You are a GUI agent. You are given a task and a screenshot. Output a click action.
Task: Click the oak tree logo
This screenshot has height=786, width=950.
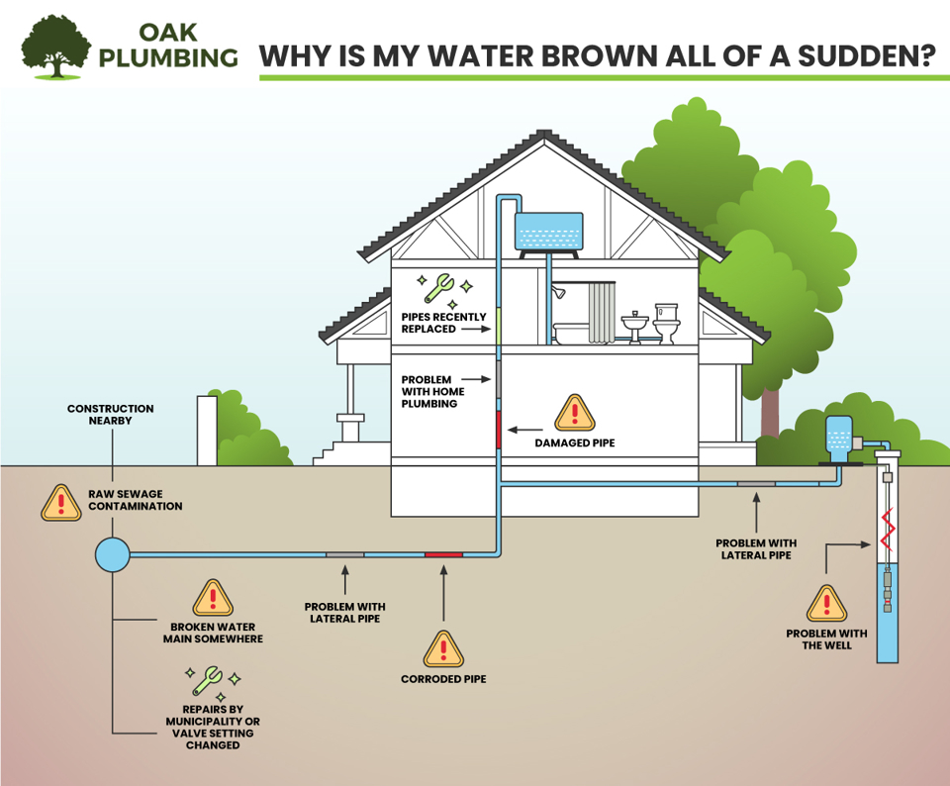[x=57, y=44]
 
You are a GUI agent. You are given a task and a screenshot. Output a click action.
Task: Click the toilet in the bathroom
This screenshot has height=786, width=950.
[x=667, y=324]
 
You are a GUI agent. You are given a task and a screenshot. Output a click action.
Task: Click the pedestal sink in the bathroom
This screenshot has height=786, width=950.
[x=633, y=328]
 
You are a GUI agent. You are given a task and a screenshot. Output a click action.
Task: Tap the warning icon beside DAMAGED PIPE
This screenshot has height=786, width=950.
[x=574, y=413]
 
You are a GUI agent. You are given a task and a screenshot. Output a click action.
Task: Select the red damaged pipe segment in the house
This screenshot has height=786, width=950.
[x=499, y=430]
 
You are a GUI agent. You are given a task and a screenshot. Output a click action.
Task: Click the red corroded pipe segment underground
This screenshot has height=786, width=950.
[x=443, y=554]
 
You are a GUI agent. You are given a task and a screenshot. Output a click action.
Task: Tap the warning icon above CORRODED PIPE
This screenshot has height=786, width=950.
[x=443, y=648]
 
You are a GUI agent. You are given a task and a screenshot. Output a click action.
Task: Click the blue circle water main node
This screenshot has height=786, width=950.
[x=112, y=554]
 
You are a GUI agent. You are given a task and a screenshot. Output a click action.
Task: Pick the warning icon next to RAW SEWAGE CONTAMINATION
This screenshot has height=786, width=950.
[x=61, y=503]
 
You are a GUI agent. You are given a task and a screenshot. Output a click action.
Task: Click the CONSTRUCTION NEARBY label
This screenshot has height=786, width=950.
[x=111, y=414]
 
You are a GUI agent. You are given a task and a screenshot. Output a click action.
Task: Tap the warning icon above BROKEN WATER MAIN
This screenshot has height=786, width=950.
[x=213, y=598]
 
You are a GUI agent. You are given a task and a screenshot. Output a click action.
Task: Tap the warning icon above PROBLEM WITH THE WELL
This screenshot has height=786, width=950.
[x=826, y=603]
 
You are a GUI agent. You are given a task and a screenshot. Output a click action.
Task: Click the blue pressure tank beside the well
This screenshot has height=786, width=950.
[x=837, y=440]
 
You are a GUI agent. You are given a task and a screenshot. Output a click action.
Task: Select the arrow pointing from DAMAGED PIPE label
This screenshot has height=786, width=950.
[x=519, y=430]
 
